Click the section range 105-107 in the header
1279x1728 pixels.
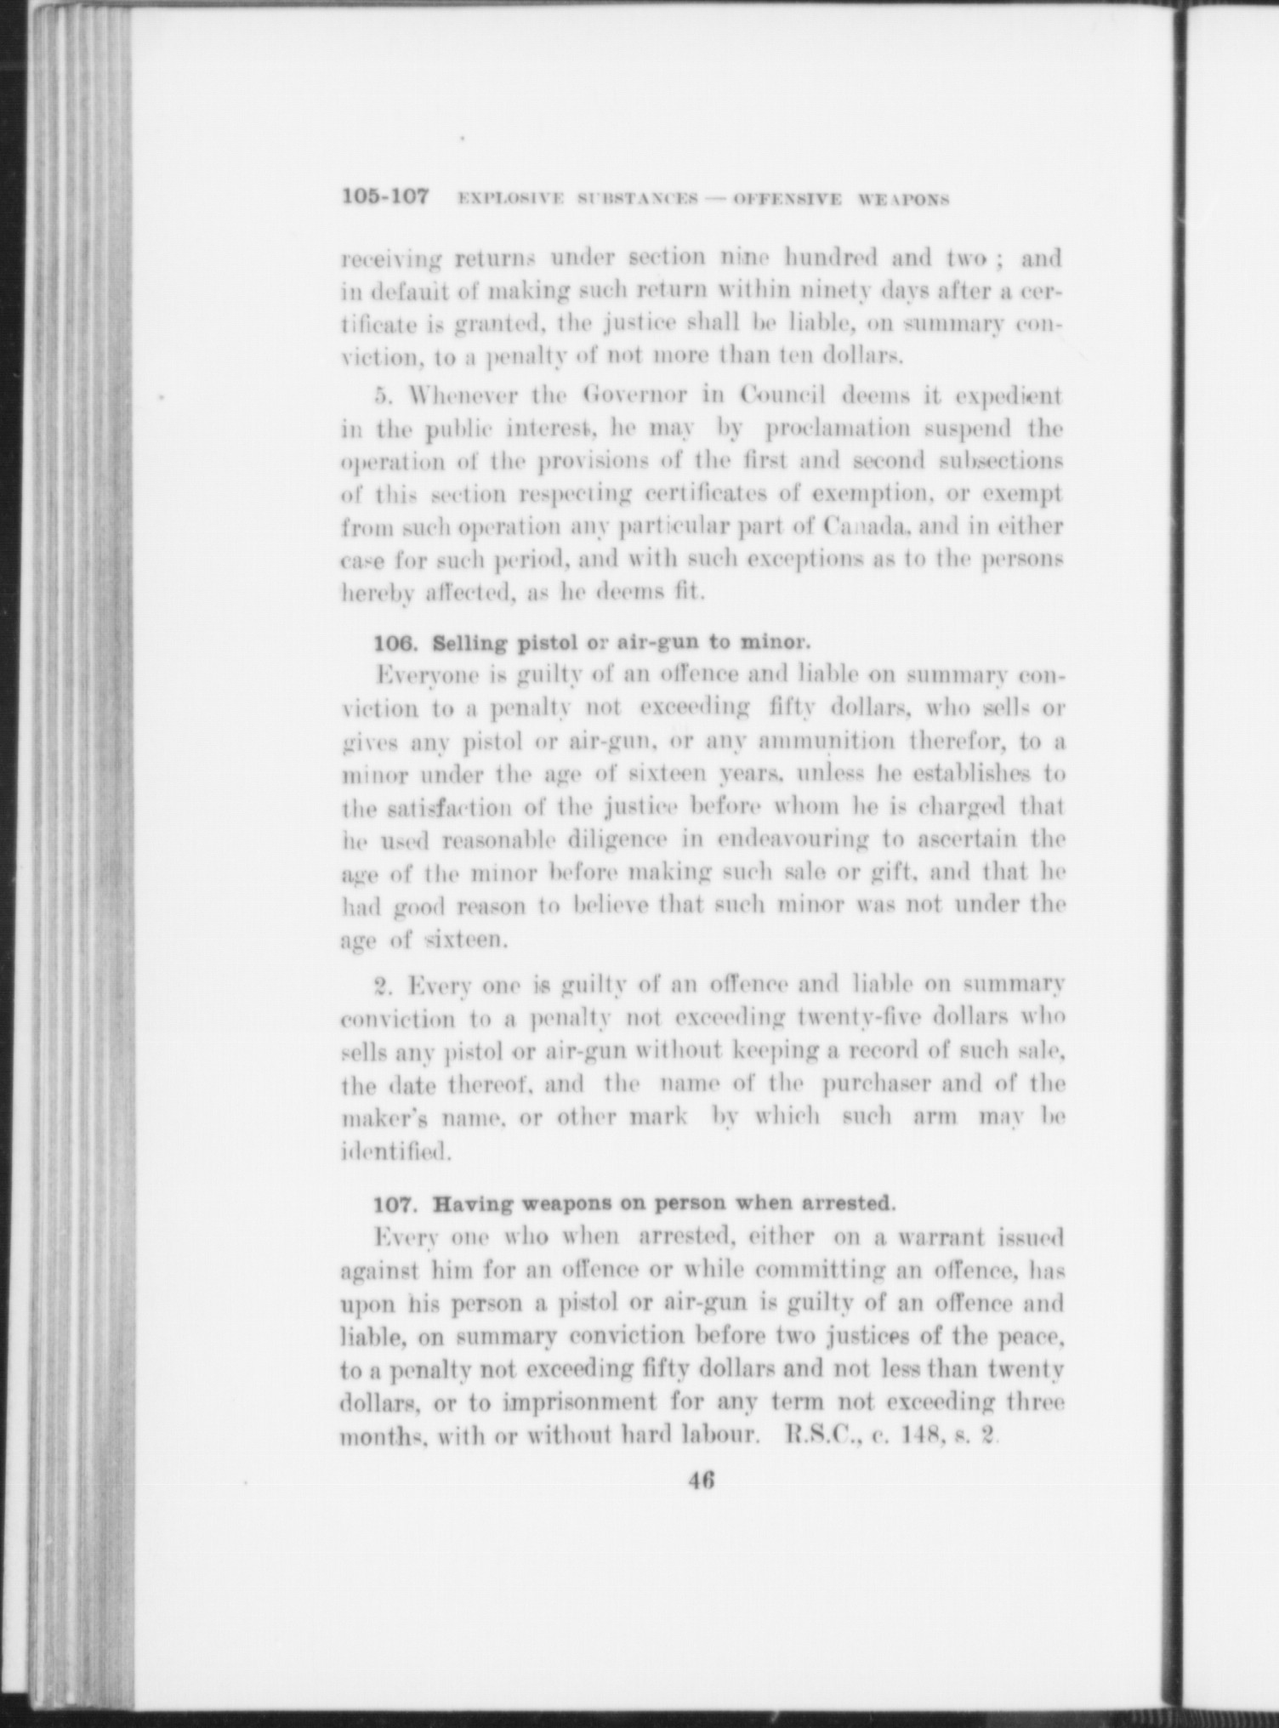pos(385,198)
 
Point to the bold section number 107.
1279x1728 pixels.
pos(399,1204)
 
